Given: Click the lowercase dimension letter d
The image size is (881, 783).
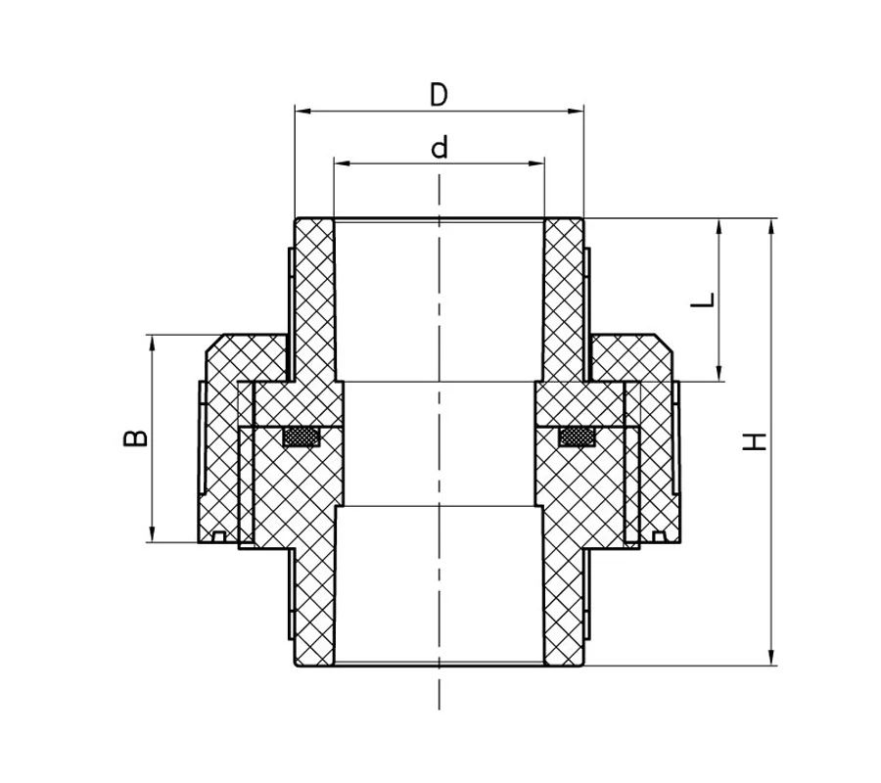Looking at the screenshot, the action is click(x=440, y=147).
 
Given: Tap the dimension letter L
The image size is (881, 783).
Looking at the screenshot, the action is click(x=703, y=299).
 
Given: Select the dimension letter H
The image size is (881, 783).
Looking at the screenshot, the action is click(x=755, y=441).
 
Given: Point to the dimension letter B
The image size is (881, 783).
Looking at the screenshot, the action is click(x=135, y=438).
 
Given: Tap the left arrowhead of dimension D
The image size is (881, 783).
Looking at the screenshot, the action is click(x=302, y=112).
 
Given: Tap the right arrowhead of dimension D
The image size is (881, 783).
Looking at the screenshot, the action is click(x=577, y=112).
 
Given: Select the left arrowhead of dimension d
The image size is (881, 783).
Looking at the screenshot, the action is click(x=342, y=163).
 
